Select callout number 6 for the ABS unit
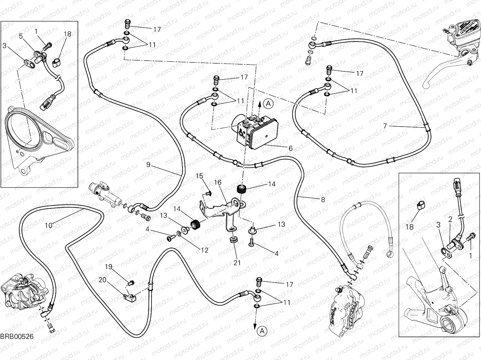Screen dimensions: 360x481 click(x=290, y=148)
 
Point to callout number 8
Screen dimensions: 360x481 click(x=323, y=200)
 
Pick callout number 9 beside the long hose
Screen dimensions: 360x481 click(x=148, y=164)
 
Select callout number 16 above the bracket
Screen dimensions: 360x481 click(x=218, y=182)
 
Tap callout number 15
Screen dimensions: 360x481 click(x=200, y=176)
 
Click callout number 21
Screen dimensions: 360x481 click(x=237, y=263)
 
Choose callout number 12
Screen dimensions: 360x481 click(x=204, y=250)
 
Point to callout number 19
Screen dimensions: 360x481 click(x=109, y=266)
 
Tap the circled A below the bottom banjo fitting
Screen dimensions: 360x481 click(x=262, y=331)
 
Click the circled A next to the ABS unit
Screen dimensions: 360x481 click(x=268, y=104)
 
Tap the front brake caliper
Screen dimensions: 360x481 click(x=346, y=303)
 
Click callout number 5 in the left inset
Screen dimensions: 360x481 click(x=21, y=36)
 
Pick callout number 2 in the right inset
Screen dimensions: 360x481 click(x=450, y=220)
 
